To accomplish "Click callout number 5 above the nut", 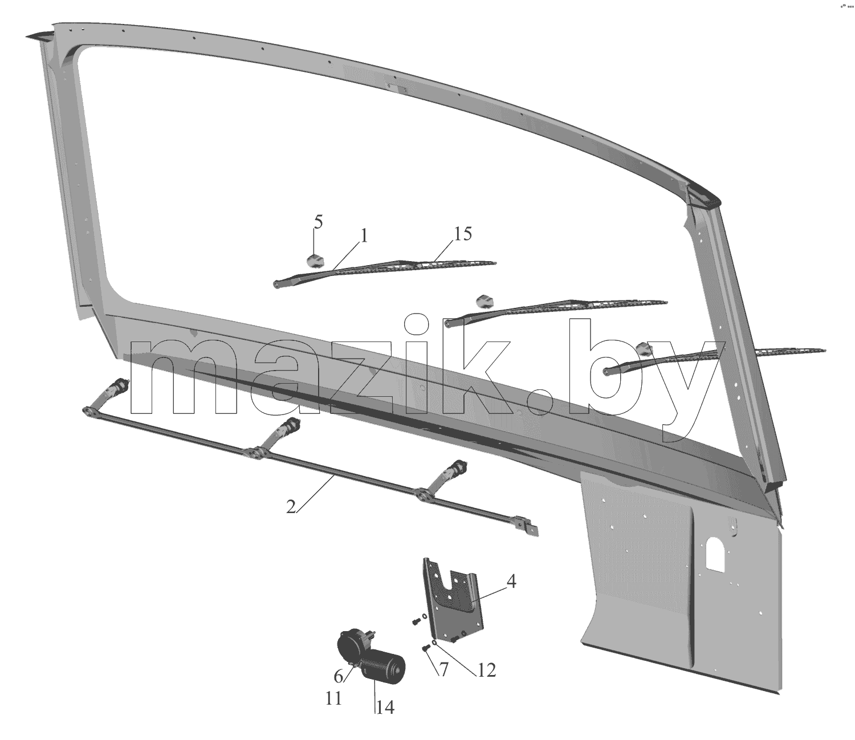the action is (x=317, y=222).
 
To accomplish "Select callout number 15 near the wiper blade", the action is (x=462, y=234).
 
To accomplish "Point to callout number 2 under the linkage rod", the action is (x=291, y=507).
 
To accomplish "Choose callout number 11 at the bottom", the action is (x=333, y=700).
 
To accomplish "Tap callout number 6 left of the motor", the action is (x=339, y=677).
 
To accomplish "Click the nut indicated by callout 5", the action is (x=315, y=261).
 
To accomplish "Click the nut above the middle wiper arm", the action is (x=483, y=300).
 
